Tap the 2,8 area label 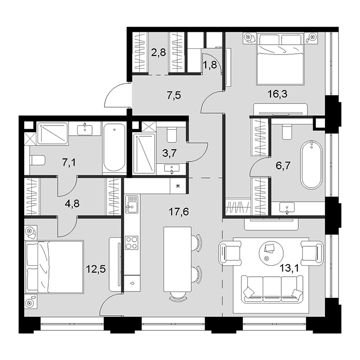pos(158,52)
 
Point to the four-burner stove pos(131,242)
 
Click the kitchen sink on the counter pos(131,205)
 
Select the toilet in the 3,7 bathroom pos(172,135)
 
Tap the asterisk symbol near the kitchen pos(177,186)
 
